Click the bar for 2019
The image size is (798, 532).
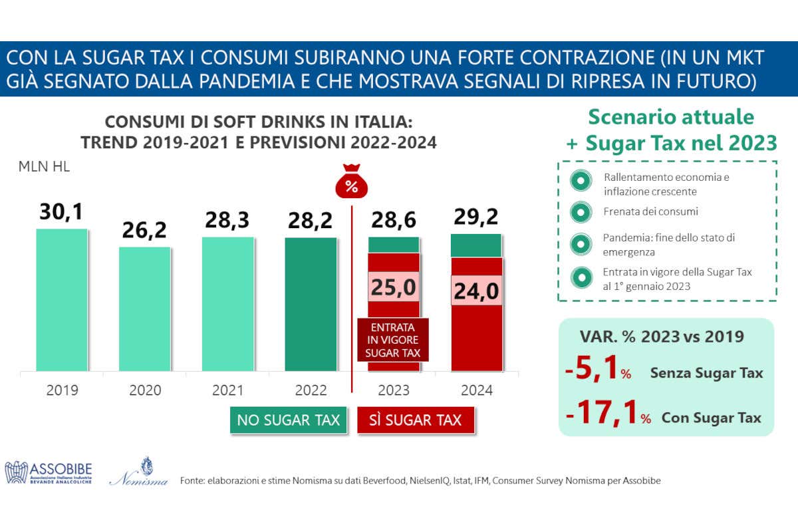(62, 299)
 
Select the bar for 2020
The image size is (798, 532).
(144, 309)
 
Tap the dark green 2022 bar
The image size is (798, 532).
(311, 303)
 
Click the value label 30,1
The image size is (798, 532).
(62, 213)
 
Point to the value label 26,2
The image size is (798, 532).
(144, 231)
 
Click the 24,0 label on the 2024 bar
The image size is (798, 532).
(476, 291)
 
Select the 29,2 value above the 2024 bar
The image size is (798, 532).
(476, 217)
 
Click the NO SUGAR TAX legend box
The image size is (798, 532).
(288, 420)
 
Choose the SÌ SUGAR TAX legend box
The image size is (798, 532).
(415, 420)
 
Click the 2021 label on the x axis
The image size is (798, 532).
(227, 390)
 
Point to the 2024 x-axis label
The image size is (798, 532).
(476, 390)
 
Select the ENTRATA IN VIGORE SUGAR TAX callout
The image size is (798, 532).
(393, 340)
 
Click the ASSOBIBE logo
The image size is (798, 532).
(49, 472)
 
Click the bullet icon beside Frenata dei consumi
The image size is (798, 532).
(581, 211)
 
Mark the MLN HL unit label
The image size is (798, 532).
(44, 167)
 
